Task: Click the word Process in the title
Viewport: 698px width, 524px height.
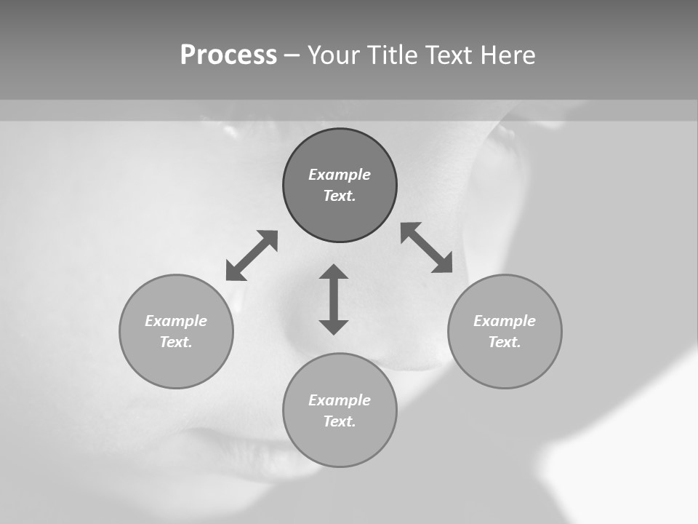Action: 228,55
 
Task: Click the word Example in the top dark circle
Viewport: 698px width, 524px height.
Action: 340,175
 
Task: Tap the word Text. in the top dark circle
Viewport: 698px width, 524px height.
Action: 340,196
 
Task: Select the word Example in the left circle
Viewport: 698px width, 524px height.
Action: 176,321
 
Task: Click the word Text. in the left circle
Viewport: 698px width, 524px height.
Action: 176,342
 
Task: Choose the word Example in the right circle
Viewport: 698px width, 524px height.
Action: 505,321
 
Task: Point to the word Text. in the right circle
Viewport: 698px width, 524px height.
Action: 505,342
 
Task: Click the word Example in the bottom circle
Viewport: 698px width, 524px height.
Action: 340,400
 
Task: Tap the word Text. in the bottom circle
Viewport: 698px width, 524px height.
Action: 340,421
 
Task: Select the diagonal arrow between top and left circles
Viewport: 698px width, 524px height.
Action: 252,255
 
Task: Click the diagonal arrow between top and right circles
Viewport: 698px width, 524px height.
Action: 427,247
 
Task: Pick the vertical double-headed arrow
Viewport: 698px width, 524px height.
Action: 334,299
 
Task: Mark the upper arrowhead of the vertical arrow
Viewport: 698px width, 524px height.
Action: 334,272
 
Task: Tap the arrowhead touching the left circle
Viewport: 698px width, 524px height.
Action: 234,272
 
